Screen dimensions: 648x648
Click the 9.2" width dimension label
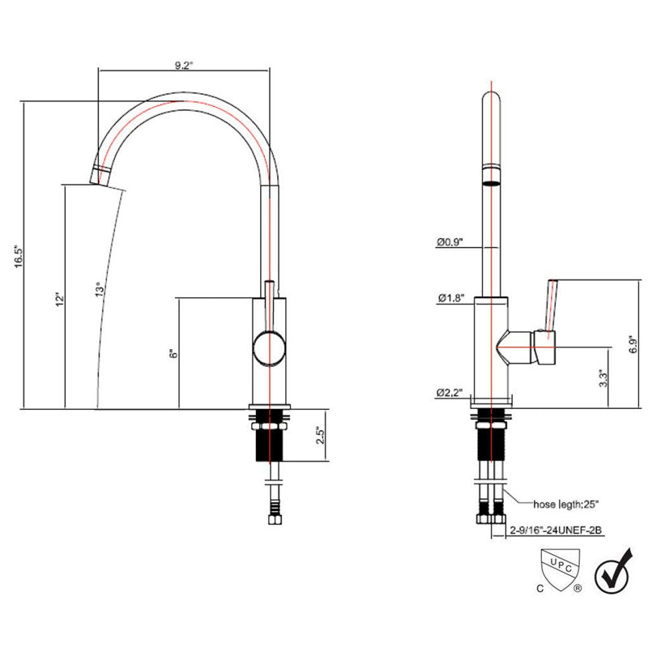pyautogui.click(x=184, y=65)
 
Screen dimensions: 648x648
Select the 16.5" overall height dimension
pyautogui.click(x=19, y=257)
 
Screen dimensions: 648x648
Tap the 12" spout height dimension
pyautogui.click(x=60, y=299)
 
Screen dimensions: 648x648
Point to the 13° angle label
pyautogui.click(x=100, y=289)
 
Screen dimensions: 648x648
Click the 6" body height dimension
pyautogui.click(x=173, y=354)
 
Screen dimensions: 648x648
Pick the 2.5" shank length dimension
pyautogui.click(x=321, y=435)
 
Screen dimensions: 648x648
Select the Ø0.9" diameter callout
pyautogui.click(x=450, y=241)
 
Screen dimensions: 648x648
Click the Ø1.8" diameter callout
pyautogui.click(x=451, y=297)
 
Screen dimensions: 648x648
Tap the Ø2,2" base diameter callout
pyautogui.click(x=450, y=392)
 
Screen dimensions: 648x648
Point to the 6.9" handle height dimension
pyautogui.click(x=633, y=343)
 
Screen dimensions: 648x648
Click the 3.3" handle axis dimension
pyautogui.click(x=603, y=378)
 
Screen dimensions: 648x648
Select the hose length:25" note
pyautogui.click(x=565, y=504)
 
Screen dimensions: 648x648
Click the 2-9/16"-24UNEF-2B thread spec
pyautogui.click(x=556, y=530)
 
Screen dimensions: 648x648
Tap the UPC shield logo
pyautogui.click(x=561, y=568)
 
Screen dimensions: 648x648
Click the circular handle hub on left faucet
pyautogui.click(x=269, y=349)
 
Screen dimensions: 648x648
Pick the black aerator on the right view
pyautogui.click(x=492, y=184)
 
